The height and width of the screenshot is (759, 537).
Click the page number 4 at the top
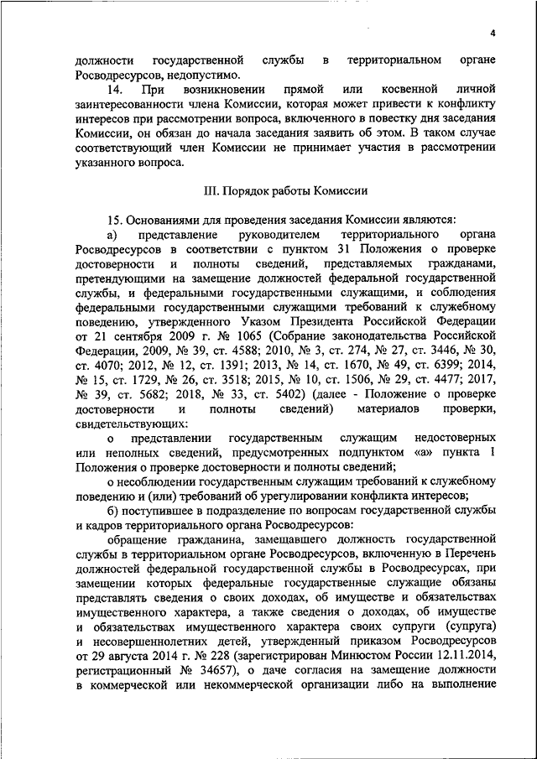(494, 33)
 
